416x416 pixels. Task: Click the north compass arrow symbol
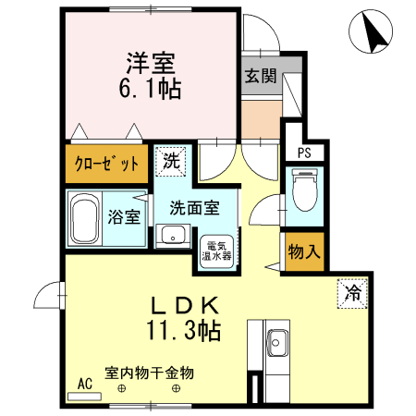[373, 34]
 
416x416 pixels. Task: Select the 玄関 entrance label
[261, 77]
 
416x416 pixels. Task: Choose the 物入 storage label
[304, 251]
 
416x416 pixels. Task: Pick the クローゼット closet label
[106, 165]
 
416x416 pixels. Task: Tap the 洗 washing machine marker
[171, 161]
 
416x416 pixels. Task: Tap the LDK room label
[184, 304]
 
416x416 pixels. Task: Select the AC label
[85, 384]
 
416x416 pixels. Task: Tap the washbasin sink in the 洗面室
[172, 237]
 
